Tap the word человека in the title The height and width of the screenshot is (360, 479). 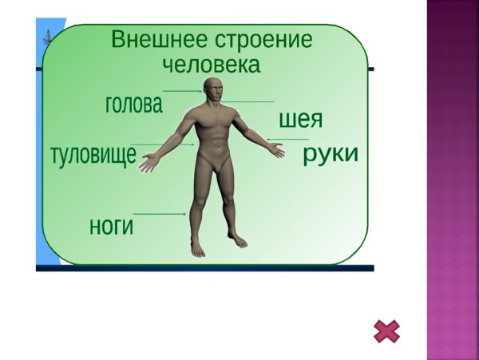pyautogui.click(x=211, y=65)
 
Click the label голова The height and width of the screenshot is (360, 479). pyautogui.click(x=133, y=105)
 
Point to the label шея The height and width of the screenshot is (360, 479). pyautogui.click(x=300, y=121)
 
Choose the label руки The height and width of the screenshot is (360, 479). pyautogui.click(x=330, y=154)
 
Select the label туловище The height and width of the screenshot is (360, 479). pyautogui.click(x=93, y=155)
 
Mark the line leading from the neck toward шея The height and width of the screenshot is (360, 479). pyautogui.click(x=249, y=101)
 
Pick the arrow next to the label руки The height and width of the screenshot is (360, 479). pyautogui.click(x=281, y=140)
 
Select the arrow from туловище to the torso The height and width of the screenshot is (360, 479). pyautogui.click(x=164, y=144)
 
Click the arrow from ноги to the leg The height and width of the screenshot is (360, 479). pyautogui.click(x=160, y=214)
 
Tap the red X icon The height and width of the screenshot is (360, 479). pyautogui.click(x=386, y=331)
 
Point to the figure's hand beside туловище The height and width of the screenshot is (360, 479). pyautogui.click(x=148, y=164)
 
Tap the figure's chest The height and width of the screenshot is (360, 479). pyautogui.click(x=212, y=124)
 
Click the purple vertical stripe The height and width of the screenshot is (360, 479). pyautogui.click(x=453, y=180)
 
